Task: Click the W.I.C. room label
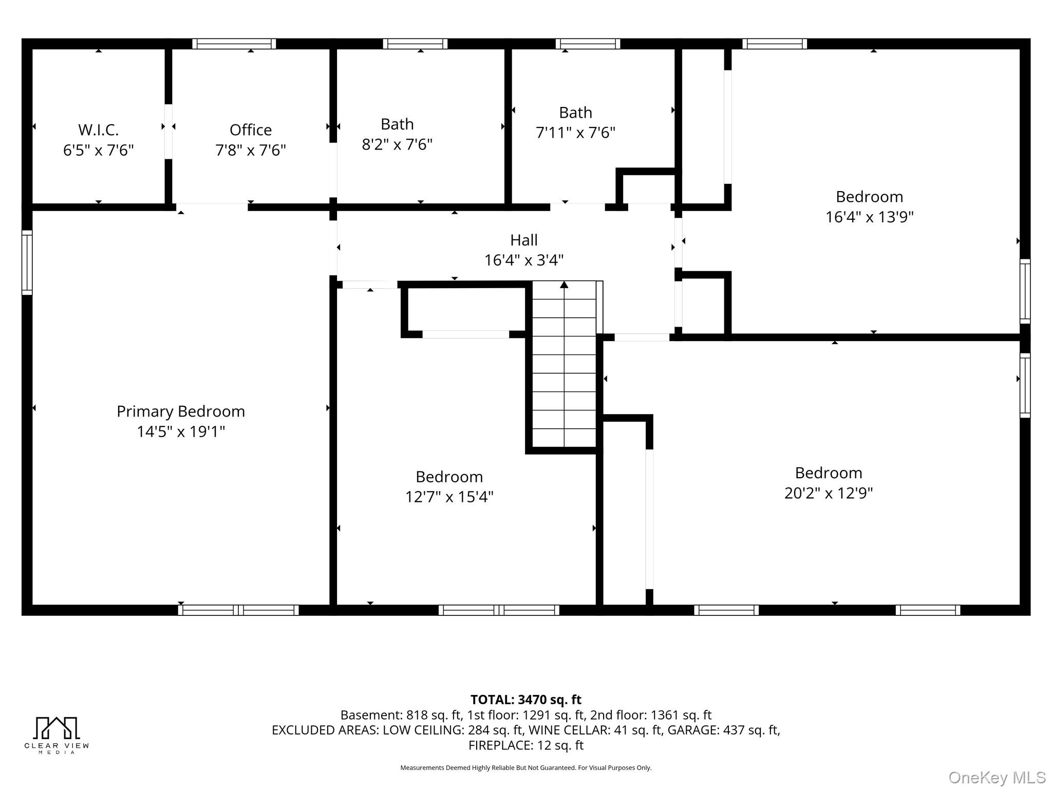click(99, 129)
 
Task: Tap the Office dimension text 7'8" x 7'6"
click(251, 150)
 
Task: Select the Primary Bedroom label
click(181, 411)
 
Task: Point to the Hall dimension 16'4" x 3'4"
click(524, 260)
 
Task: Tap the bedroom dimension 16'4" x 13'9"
click(870, 217)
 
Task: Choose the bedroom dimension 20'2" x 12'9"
click(829, 493)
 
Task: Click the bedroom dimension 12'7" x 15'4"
click(449, 497)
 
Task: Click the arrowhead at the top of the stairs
click(564, 284)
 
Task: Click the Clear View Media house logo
click(57, 728)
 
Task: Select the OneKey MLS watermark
click(997, 777)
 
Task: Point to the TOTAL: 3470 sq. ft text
click(526, 700)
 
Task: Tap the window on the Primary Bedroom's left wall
click(27, 262)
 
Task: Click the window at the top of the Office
click(234, 44)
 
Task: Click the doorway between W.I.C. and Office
click(168, 131)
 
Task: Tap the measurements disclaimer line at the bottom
click(526, 768)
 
